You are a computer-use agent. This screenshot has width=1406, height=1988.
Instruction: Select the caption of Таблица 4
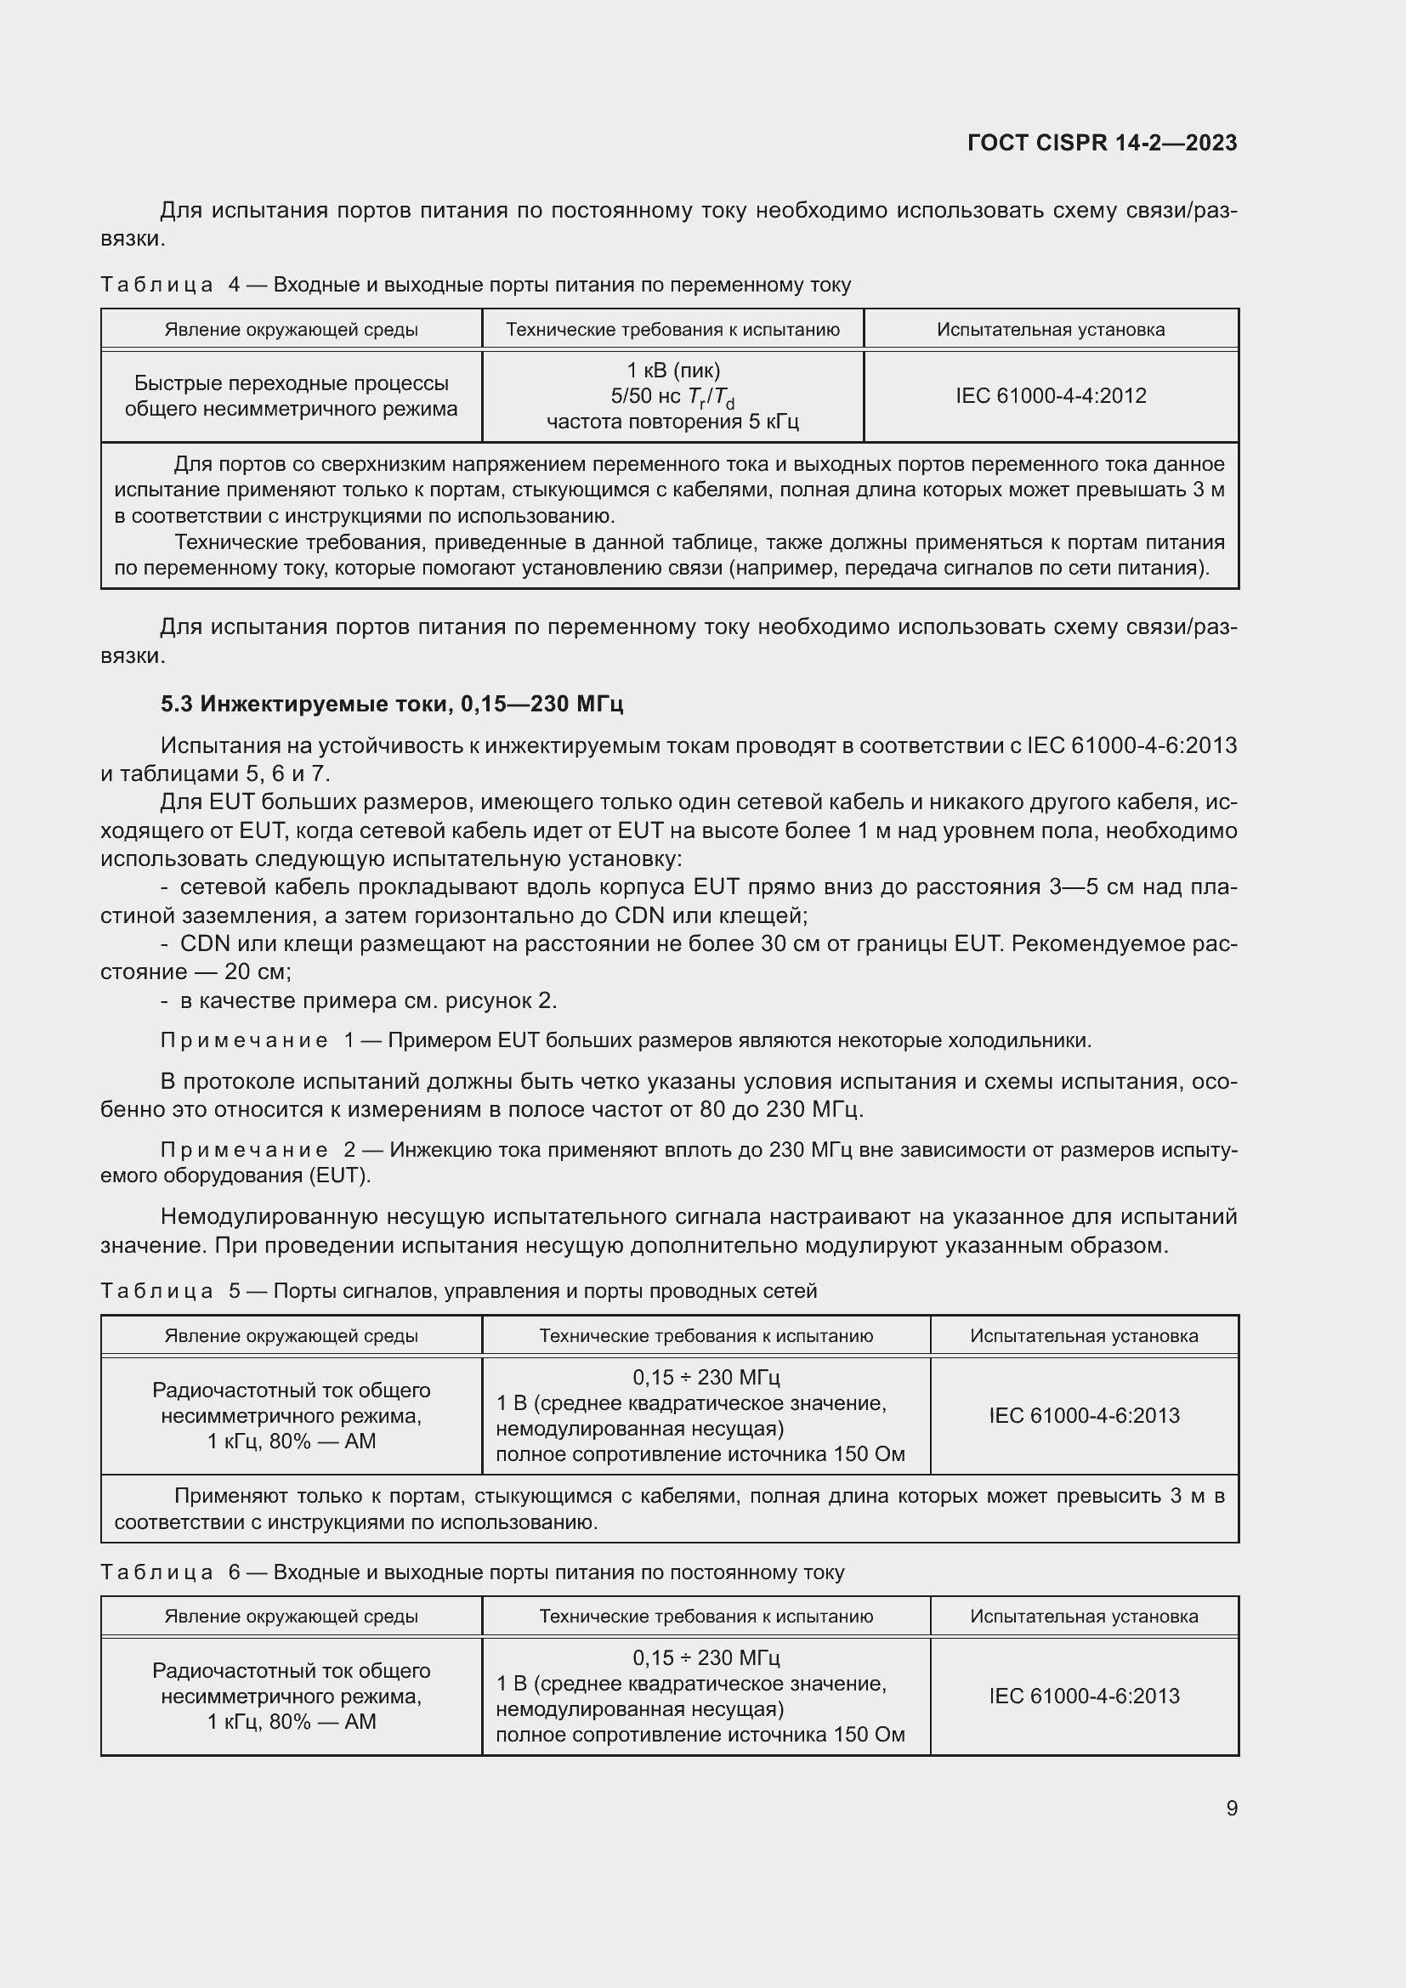475,285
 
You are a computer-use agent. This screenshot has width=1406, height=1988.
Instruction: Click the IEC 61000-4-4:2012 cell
1050,396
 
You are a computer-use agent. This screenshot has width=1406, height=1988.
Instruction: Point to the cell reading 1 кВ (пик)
672,371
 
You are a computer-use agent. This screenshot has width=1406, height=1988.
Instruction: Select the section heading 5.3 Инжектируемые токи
391,704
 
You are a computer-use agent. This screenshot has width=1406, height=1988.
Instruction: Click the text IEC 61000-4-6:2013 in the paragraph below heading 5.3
1131,745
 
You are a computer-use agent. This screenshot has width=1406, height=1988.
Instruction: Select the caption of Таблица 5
458,1291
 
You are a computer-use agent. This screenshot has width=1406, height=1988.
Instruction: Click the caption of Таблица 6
472,1572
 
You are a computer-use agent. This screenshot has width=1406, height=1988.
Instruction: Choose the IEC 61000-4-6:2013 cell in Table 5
1084,1416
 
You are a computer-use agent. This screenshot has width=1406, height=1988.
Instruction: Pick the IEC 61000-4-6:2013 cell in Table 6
1084,1696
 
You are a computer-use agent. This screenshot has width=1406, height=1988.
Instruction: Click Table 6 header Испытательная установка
1084,1616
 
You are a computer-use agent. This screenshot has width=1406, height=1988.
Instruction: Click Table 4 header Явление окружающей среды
291,330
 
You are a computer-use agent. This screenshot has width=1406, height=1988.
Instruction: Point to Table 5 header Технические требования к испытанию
706,1335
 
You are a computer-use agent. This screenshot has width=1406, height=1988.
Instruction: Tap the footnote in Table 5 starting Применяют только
668,1509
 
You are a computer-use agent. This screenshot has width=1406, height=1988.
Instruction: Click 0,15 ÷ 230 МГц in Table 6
706,1657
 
